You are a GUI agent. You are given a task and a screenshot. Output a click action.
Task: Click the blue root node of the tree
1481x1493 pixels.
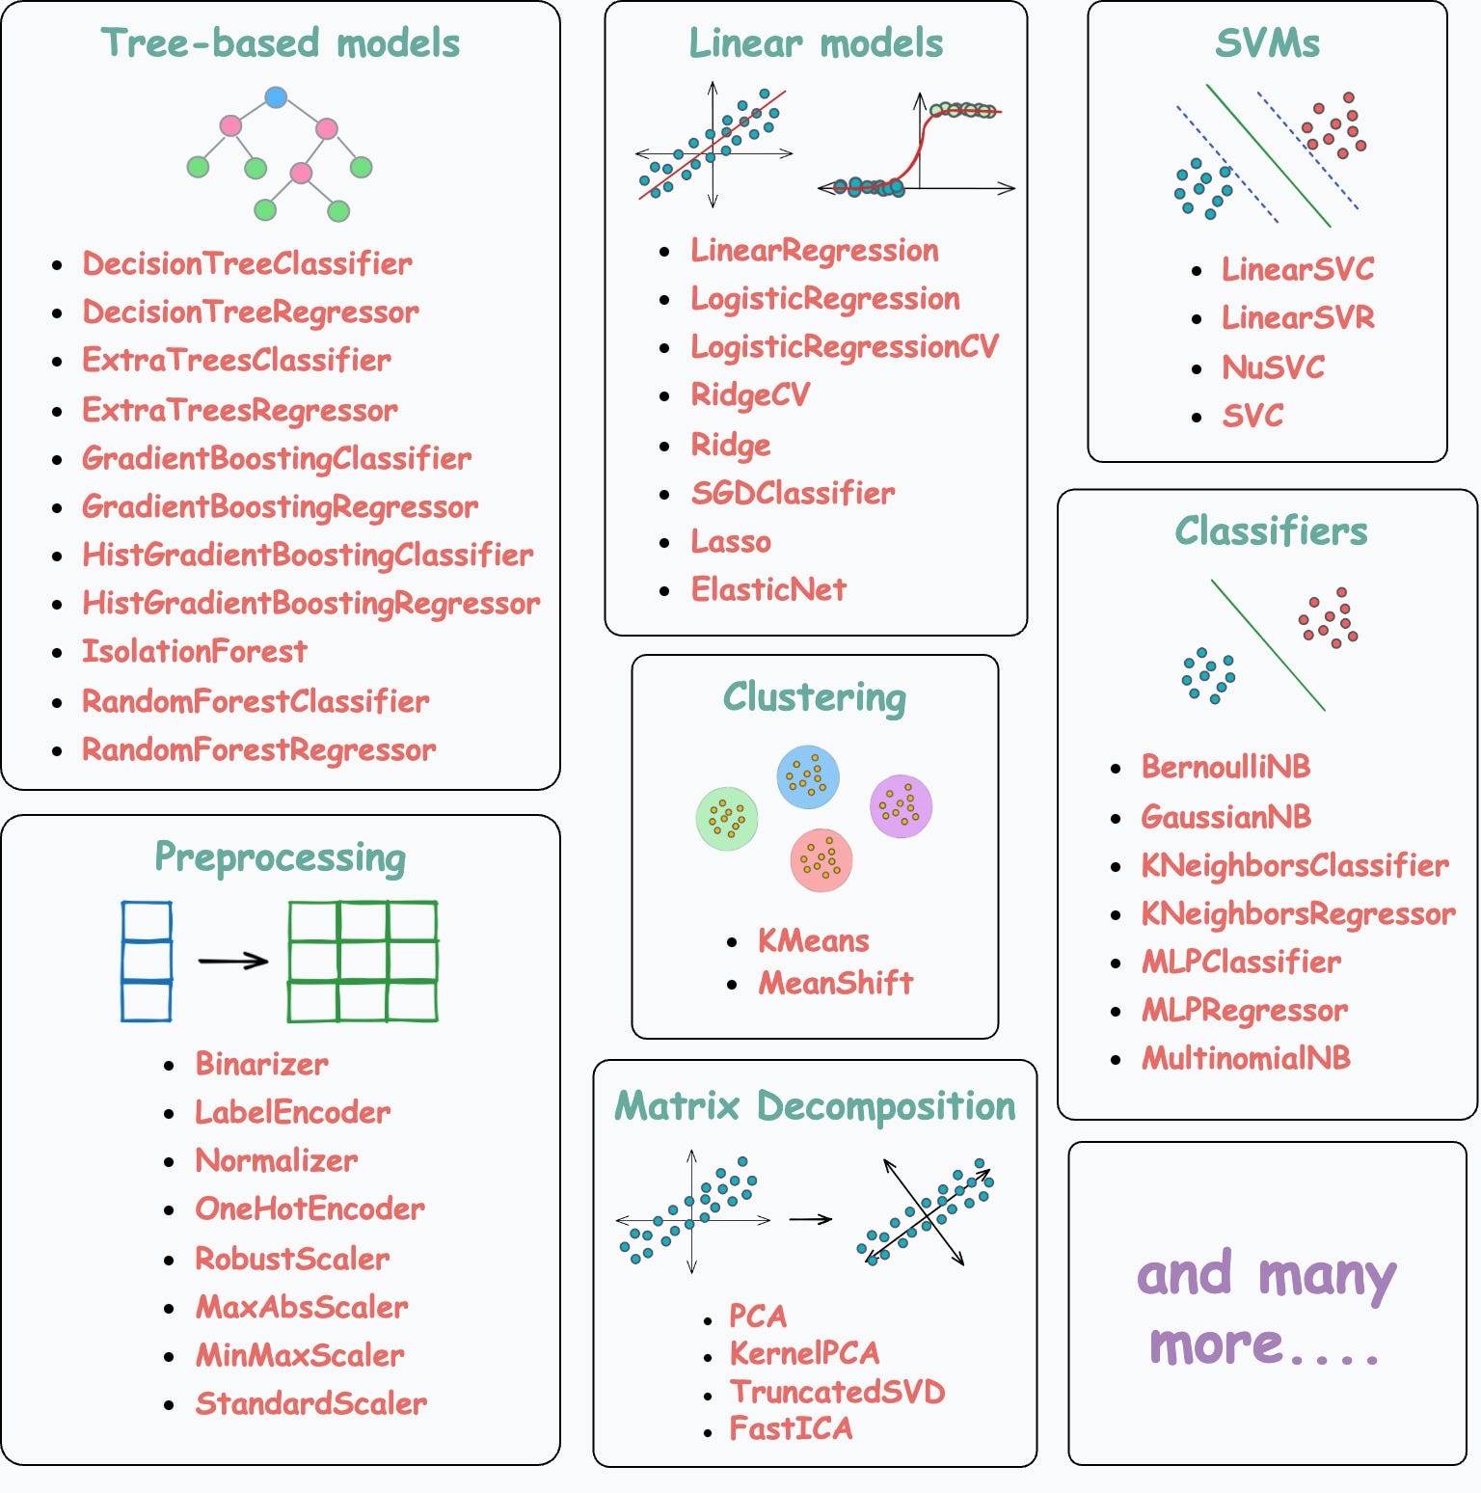pyautogui.click(x=276, y=97)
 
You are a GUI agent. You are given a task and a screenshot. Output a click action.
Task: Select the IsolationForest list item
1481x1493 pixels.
pyautogui.click(x=195, y=652)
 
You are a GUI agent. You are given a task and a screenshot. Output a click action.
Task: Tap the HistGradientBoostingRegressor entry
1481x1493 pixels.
pyautogui.click(x=310, y=604)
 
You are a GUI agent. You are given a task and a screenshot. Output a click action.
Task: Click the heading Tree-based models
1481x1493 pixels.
pyautogui.click(x=281, y=43)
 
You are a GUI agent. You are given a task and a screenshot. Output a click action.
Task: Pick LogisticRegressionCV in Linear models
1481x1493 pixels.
pyautogui.click(x=845, y=347)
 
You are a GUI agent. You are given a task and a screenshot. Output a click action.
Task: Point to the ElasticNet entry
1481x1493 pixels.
pyautogui.click(x=768, y=589)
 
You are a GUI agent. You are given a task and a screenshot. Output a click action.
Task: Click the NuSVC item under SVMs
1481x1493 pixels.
pyautogui.click(x=1273, y=367)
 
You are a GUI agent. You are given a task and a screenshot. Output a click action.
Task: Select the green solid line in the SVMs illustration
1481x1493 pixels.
pyautogui.click(x=1268, y=155)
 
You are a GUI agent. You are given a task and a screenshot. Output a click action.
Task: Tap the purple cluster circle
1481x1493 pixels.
pyautogui.click(x=901, y=806)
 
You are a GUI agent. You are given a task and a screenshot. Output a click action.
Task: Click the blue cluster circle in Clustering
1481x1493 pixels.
pyautogui.click(x=808, y=775)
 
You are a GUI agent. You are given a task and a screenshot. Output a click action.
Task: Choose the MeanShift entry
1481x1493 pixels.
pyautogui.click(x=835, y=984)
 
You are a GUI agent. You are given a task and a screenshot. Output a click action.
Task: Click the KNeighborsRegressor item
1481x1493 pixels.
pyautogui.click(x=1298, y=914)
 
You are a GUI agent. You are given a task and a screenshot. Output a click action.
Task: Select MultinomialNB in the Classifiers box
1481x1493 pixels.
pyautogui.click(x=1246, y=1059)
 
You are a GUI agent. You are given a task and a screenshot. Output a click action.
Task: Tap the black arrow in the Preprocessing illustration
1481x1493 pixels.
pyautogui.click(x=232, y=961)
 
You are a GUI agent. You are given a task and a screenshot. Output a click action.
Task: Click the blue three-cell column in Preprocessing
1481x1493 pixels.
pyautogui.click(x=147, y=961)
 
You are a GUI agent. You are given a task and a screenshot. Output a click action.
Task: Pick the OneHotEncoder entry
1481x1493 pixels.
pyautogui.click(x=310, y=1209)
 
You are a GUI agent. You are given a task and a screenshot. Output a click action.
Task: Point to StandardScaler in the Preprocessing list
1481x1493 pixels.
pyautogui.click(x=310, y=1404)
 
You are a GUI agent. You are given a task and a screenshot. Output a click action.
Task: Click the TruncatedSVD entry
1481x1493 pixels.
pyautogui.click(x=837, y=1392)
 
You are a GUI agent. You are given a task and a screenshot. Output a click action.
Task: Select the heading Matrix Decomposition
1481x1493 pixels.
pyautogui.click(x=815, y=1106)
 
